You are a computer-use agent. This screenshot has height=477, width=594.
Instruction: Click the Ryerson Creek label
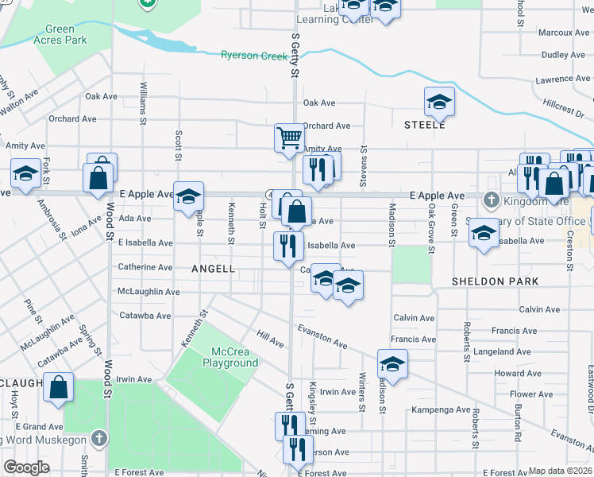click(254, 55)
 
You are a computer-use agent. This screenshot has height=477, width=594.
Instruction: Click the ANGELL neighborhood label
click(214, 269)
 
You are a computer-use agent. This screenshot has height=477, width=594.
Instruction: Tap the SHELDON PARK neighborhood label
click(495, 281)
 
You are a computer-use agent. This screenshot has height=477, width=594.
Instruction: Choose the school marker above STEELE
click(438, 102)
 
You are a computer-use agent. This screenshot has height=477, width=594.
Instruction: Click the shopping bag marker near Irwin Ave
click(59, 388)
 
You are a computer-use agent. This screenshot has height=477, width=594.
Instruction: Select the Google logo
click(26, 467)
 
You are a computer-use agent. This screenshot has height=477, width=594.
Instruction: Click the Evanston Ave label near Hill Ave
click(322, 335)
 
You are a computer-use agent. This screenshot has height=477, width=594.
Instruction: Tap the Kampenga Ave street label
click(441, 410)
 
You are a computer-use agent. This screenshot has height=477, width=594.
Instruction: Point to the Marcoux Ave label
click(564, 33)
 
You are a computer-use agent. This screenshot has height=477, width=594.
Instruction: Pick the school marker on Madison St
click(391, 364)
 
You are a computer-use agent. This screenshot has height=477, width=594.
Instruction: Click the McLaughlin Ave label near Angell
click(148, 292)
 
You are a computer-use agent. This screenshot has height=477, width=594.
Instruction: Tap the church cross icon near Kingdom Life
click(491, 200)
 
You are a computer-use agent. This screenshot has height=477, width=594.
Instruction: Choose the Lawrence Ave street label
click(563, 79)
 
